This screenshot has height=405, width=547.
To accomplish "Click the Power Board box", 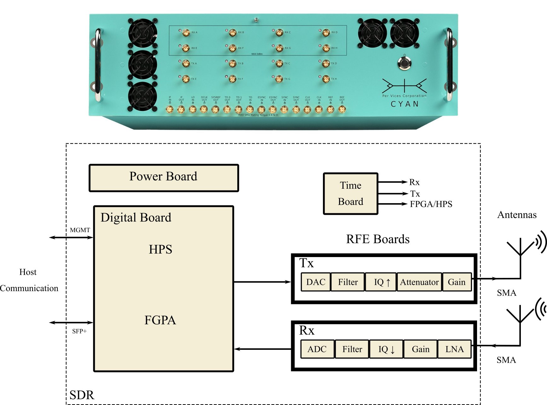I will click(x=164, y=178).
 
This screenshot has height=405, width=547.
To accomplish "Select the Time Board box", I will click(x=350, y=193).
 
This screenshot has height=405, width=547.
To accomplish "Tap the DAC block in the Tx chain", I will click(x=316, y=282).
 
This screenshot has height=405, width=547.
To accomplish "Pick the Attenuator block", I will click(x=419, y=282).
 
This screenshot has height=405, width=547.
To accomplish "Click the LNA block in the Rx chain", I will click(x=454, y=349).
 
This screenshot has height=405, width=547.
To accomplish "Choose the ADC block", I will click(x=317, y=349).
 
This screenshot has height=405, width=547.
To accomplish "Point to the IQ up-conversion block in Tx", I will click(x=380, y=282).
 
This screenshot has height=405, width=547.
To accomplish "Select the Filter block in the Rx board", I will click(x=352, y=349).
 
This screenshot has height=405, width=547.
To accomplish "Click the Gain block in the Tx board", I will click(x=457, y=282).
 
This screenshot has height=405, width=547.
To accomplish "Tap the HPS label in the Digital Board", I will click(x=160, y=249).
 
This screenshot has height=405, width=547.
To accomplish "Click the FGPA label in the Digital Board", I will click(x=160, y=320).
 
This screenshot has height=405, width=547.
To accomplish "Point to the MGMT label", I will click(x=80, y=230).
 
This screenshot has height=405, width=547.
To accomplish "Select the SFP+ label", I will click(x=79, y=331).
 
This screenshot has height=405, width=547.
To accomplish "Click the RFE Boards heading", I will click(x=378, y=239).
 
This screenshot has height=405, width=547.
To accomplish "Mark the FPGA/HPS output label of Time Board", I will click(x=431, y=204).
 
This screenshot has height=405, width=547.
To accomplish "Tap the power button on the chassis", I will click(x=404, y=63).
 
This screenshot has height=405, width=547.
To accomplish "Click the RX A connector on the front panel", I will click(x=186, y=32).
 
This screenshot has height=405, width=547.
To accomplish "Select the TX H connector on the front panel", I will click(x=326, y=79).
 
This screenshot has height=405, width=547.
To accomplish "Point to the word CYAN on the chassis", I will click(x=405, y=104).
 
